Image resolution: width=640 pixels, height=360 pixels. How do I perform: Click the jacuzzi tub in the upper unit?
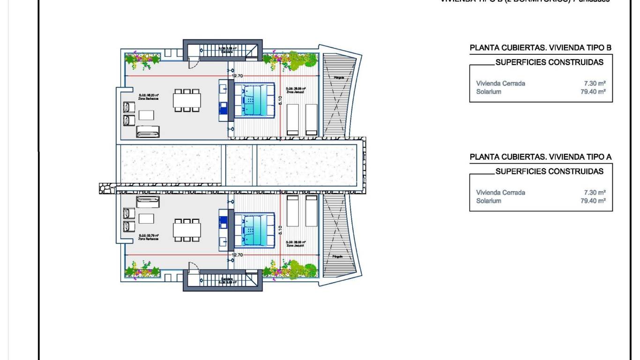pyautogui.click(x=254, y=100)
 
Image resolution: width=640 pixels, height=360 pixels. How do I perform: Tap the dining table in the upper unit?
pyautogui.click(x=187, y=100)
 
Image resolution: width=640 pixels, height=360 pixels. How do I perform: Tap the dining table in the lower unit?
pyautogui.click(x=187, y=230)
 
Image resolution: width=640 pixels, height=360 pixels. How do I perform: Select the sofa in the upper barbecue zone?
pyautogui.click(x=148, y=132)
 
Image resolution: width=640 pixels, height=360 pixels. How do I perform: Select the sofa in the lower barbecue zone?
pyautogui.click(x=148, y=202)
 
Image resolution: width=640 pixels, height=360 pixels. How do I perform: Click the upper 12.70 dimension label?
pyautogui.click(x=237, y=75)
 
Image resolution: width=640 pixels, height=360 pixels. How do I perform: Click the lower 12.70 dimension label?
pyautogui.click(x=237, y=255)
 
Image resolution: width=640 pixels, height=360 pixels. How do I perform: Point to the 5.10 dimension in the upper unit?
pyautogui.click(x=280, y=100)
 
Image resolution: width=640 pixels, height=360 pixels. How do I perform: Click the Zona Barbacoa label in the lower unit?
pyautogui.click(x=149, y=239)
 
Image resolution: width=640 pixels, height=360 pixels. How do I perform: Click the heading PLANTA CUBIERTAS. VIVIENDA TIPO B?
pyautogui.click(x=541, y=48)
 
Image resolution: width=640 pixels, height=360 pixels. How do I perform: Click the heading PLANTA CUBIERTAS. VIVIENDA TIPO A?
pyautogui.click(x=541, y=157)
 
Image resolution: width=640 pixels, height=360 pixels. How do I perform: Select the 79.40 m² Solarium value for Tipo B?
pyautogui.click(x=593, y=92)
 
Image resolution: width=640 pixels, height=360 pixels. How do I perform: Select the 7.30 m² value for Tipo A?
pyautogui.click(x=595, y=193)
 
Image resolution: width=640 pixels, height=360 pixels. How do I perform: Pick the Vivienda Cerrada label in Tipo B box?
pyautogui.click(x=500, y=83)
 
